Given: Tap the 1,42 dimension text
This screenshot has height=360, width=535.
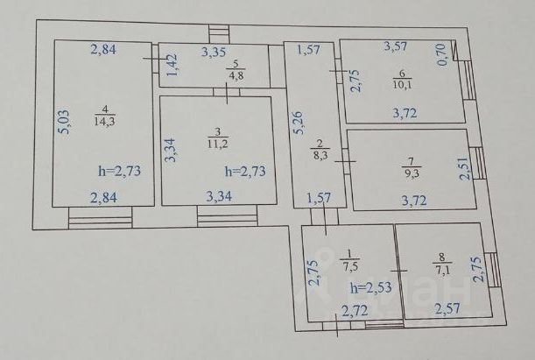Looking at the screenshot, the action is (172, 65).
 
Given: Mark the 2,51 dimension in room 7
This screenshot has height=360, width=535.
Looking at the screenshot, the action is (465, 164).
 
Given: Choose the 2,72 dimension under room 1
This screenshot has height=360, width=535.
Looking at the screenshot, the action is (354, 308).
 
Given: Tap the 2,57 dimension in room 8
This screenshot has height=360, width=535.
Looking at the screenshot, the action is (447, 308).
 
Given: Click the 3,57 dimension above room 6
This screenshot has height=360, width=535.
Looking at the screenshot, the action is (401, 45).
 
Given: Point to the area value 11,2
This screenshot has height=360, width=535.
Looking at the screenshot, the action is (217, 142).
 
